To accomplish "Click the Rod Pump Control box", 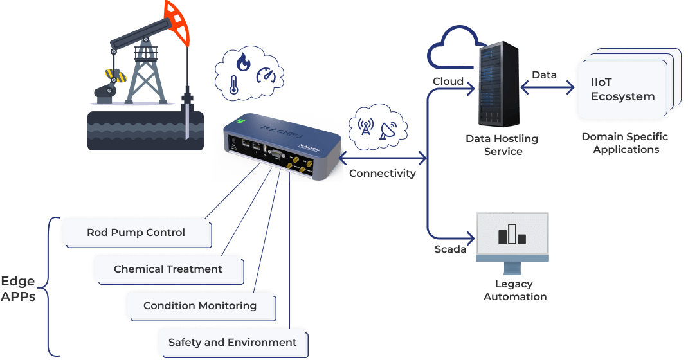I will coord(136,233).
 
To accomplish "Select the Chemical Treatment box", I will coord(168,269).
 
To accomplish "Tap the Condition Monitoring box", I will coord(200,306).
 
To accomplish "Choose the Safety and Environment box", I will coord(232,343).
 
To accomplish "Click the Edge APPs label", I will coord(18,289).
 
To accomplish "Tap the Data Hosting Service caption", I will coord(502,145).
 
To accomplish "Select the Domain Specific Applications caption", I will coord(626,143).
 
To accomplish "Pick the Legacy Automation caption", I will coord(514,290).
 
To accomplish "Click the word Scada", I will coord(450,249).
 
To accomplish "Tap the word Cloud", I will coord(448,82).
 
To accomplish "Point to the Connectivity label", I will coord(382,173).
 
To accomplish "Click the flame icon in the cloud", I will coord(244,62).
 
